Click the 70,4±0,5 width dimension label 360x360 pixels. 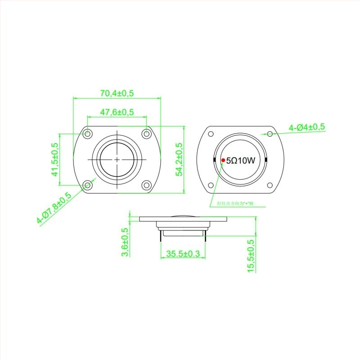point(117,93)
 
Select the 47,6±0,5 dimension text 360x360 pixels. point(117,112)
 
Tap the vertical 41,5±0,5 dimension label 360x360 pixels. point(55,159)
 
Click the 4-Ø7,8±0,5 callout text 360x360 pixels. point(54,208)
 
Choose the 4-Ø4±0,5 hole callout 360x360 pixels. point(307,127)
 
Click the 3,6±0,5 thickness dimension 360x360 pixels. point(125,243)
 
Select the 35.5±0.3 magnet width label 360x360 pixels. point(183,254)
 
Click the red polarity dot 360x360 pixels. point(223,160)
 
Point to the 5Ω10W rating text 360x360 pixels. point(241,160)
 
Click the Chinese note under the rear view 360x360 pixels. point(235,203)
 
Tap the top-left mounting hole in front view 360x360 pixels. point(87,134)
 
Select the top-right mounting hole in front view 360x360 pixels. point(146,134)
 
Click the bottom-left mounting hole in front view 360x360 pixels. point(87,184)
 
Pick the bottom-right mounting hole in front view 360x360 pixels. point(146,184)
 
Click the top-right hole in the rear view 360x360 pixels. point(270,134)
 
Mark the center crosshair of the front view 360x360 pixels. point(117,159)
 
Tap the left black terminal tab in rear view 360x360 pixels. point(213,160)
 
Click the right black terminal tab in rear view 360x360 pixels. point(266,160)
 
